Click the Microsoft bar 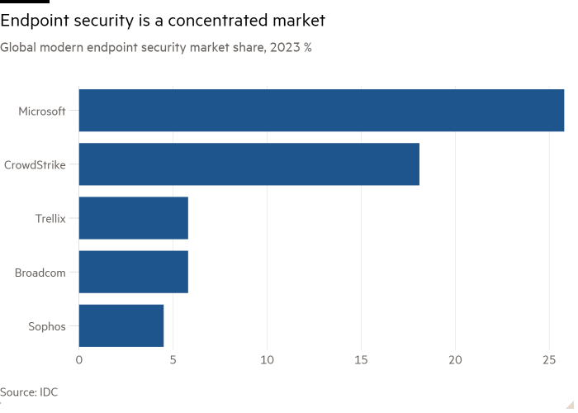coord(322,111)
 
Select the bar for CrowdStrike coord(249,164)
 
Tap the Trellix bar coord(134,218)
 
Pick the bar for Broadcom coord(134,272)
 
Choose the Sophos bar coord(121,325)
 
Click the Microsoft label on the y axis coord(42,111)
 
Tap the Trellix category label coord(50,218)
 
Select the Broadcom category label coord(40,272)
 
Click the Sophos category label coord(47,325)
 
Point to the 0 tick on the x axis coord(79,360)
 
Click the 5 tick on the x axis coord(173,360)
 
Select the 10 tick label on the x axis coord(267,360)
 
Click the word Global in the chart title coord(17,48)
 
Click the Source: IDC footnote coord(29,392)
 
